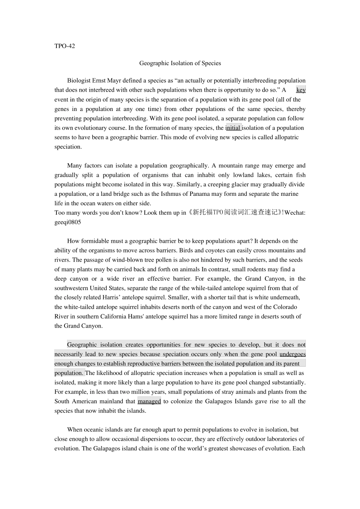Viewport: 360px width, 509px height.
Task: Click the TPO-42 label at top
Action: coord(64,46)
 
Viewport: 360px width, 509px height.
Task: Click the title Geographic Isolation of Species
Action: coord(180,63)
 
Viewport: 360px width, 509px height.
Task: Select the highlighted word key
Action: coord(301,90)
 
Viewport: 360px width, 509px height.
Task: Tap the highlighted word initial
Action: coord(233,128)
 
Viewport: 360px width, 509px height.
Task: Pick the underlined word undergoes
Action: coord(293,354)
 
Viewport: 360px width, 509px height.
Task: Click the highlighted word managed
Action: coord(149,401)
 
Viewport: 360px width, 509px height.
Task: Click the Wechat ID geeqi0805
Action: coord(67,222)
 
